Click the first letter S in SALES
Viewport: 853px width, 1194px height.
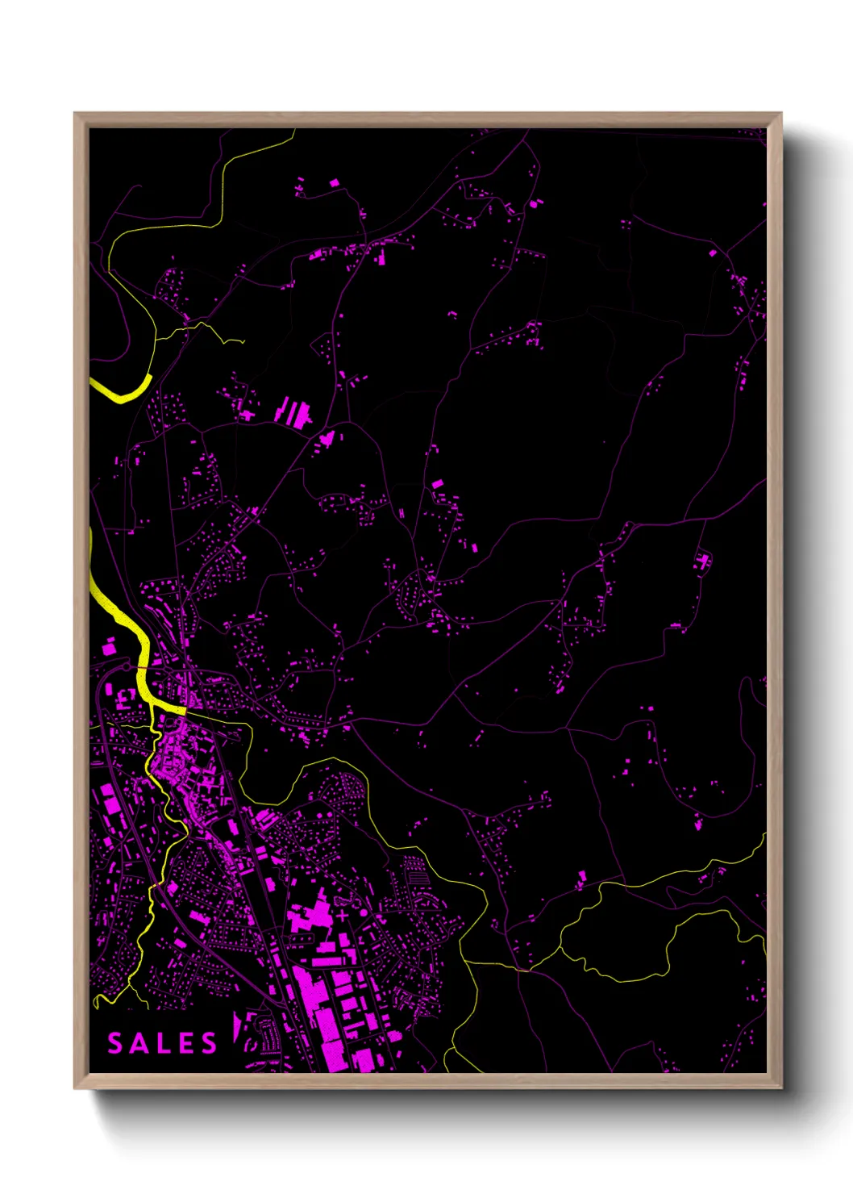pos(116,1043)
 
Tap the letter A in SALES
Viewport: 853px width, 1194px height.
pos(139,1043)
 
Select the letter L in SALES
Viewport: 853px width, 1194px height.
pos(164,1043)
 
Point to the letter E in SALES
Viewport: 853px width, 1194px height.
pos(186,1043)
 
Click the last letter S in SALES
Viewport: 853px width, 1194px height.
pos(210,1043)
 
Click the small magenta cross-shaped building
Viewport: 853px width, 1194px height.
pos(343,916)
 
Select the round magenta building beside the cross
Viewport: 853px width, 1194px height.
pos(363,912)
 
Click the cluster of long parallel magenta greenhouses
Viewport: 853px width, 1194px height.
pos(293,412)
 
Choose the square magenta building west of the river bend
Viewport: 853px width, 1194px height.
pos(108,647)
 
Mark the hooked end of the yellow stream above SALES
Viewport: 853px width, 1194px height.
pos(98,1003)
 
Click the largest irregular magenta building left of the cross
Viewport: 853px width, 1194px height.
pos(310,916)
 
